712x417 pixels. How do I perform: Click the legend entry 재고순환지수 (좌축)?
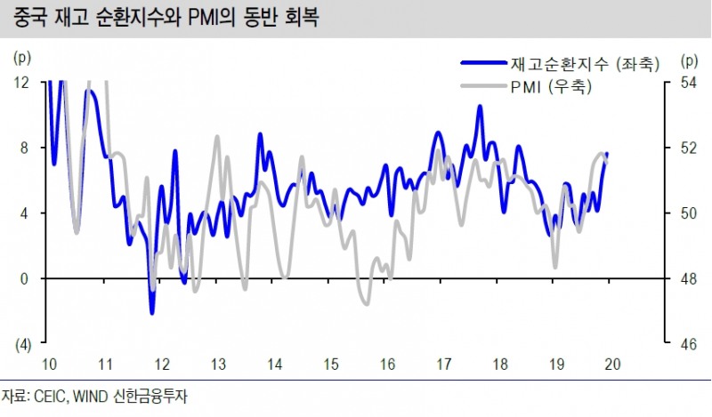[584, 64]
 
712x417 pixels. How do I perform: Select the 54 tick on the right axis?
[688, 82]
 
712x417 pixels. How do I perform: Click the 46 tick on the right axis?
[688, 344]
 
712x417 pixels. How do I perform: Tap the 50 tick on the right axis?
[688, 213]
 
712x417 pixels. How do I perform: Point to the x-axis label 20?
[612, 365]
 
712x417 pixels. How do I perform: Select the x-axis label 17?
[443, 365]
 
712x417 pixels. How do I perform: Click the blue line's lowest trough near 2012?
[152, 312]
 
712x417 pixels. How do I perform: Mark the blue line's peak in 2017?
[480, 107]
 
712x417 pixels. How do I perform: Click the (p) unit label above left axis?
[22, 60]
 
